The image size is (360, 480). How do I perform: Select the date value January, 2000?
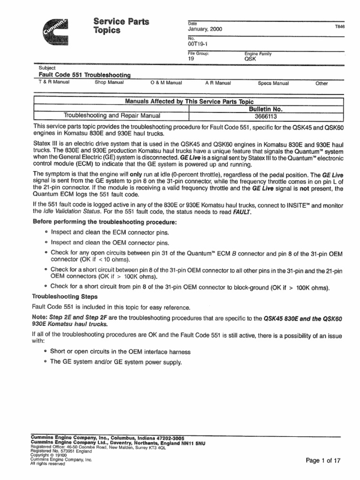[205, 29]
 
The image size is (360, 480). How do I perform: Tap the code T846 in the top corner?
[339, 27]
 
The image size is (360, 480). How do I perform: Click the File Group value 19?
[191, 60]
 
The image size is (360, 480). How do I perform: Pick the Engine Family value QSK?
[251, 60]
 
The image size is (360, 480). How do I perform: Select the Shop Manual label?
[109, 83]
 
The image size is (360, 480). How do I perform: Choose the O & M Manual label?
[166, 83]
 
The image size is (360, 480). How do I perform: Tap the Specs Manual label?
[273, 83]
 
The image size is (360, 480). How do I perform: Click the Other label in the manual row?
[322, 83]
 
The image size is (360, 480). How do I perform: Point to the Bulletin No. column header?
[266, 109]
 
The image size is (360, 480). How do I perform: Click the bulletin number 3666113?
[266, 116]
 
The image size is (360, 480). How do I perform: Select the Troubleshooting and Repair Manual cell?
[112, 116]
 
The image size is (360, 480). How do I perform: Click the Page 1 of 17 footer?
[322, 460]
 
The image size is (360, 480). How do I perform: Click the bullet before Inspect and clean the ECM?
[46, 232]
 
